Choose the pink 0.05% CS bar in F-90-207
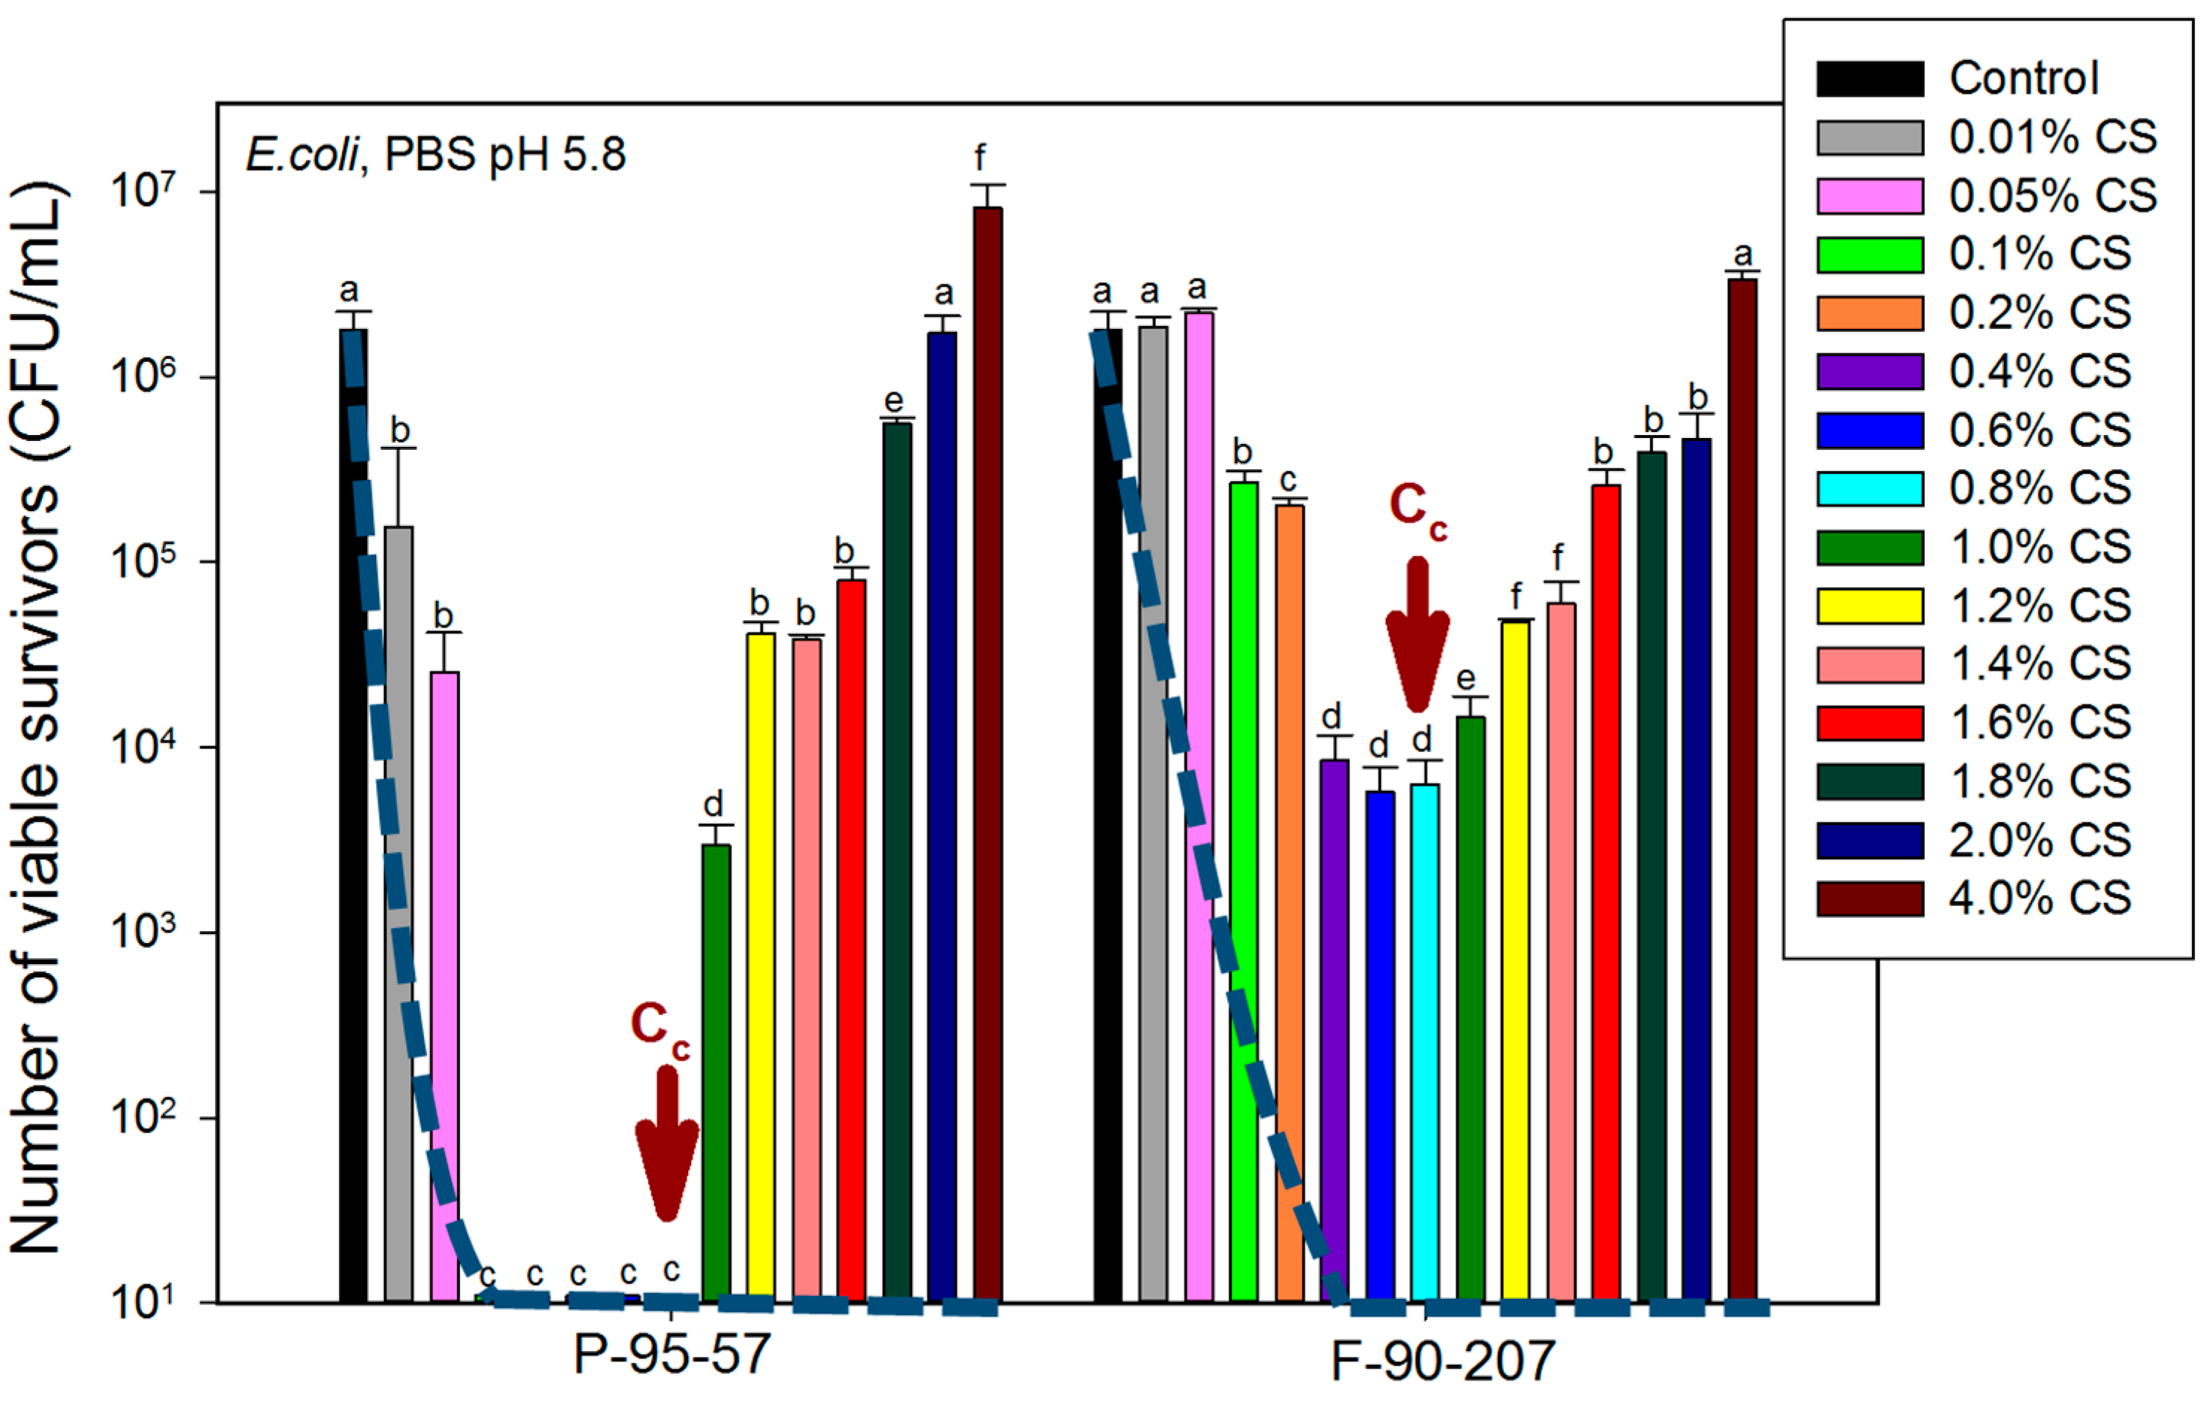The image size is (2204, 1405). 1199,806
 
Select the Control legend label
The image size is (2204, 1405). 2023,78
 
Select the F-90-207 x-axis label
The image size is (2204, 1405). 1443,1361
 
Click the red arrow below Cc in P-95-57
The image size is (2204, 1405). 667,1144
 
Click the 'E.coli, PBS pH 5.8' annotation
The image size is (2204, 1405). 436,154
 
